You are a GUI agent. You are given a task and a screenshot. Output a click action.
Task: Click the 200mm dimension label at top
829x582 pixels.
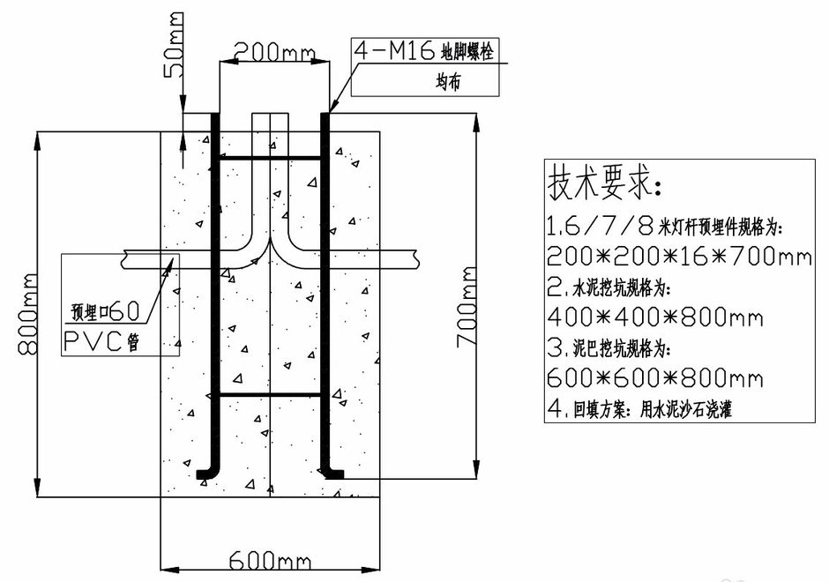pyautogui.click(x=268, y=52)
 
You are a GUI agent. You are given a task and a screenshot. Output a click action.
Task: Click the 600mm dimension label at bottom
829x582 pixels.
pyautogui.click(x=268, y=561)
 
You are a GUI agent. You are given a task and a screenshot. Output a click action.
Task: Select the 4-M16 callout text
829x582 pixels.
pyautogui.click(x=395, y=52)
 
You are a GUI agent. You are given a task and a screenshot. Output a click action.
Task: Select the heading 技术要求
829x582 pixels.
pyautogui.click(x=605, y=183)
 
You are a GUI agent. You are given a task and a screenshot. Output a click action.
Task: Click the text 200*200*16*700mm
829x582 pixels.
pyautogui.click(x=678, y=257)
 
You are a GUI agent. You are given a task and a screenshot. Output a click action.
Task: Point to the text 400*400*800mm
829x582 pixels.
pyautogui.click(x=654, y=317)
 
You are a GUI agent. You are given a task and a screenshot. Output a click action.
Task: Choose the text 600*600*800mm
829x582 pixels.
pyautogui.click(x=654, y=378)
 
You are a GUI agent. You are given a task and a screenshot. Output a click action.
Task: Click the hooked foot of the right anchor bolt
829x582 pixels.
pyautogui.click(x=333, y=474)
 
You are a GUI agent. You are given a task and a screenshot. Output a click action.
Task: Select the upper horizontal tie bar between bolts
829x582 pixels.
pyautogui.click(x=270, y=159)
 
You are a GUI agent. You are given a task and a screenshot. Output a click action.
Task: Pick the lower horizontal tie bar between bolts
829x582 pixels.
pyautogui.click(x=270, y=393)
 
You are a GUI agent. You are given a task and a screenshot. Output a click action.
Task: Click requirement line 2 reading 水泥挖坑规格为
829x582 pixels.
pyautogui.click(x=609, y=287)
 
